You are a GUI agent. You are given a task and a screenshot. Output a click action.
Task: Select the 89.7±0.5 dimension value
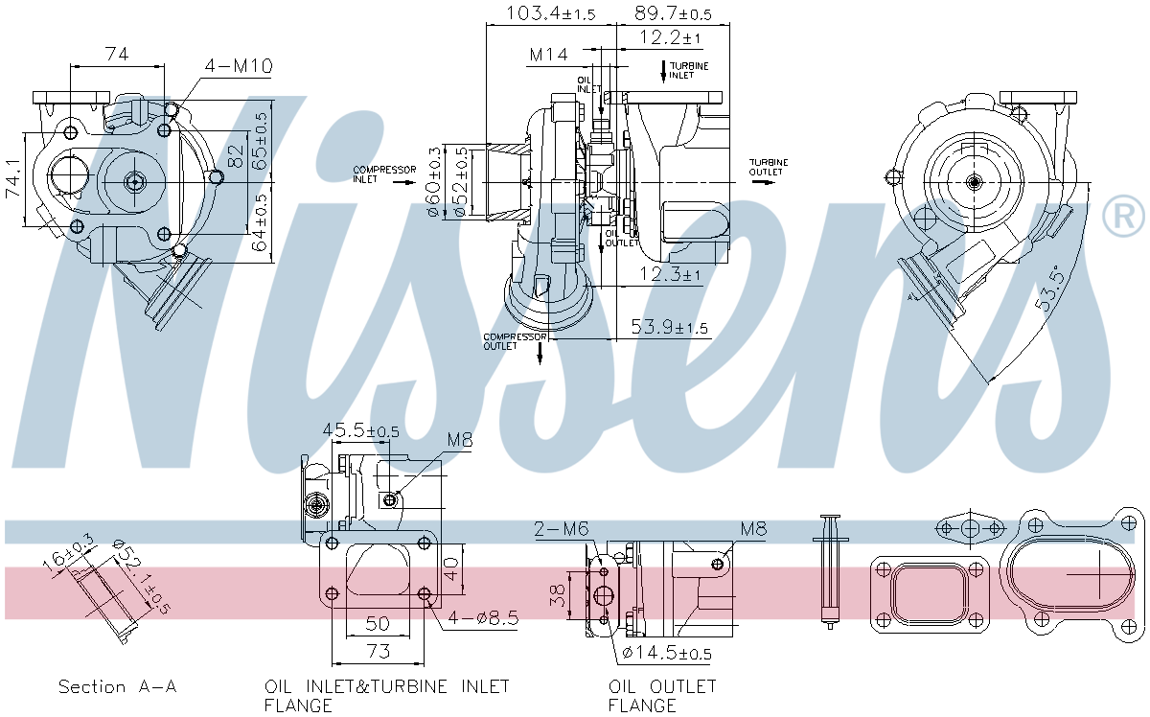coord(673,12)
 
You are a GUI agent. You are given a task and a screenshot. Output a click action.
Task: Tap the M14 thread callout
coord(549,55)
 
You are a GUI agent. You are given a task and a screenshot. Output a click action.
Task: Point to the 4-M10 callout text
coord(238,66)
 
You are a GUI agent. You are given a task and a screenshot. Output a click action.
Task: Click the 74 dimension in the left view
coord(116,55)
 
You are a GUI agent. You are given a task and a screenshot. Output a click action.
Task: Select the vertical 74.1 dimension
coord(12,179)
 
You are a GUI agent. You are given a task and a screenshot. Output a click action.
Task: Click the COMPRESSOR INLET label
coord(384,173)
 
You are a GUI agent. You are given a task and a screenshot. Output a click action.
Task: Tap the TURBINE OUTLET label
coord(769,167)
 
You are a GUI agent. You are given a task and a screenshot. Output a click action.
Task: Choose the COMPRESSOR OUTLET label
coord(515,341)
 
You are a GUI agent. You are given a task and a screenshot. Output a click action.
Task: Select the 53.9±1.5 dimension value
coord(669,328)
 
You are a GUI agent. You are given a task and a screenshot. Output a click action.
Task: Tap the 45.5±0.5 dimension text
coord(360,431)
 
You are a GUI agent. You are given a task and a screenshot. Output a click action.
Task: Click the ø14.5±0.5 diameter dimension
coord(667,654)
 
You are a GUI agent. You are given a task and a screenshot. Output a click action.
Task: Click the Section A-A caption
coord(118,686)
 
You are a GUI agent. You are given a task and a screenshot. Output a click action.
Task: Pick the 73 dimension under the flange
coord(379,652)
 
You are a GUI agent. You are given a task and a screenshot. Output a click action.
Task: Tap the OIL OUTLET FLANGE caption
coord(662,696)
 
